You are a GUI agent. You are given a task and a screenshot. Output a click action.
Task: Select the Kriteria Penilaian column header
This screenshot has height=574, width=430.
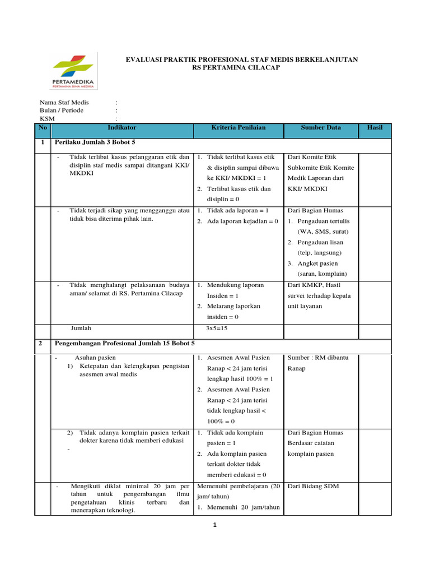tap(239, 128)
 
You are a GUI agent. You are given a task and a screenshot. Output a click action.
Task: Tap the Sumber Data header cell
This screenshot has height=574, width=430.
tap(321, 128)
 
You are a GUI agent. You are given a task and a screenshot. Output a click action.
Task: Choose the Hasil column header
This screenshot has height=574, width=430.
tap(375, 128)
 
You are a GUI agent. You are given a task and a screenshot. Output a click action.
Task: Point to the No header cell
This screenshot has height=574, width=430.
tap(43, 128)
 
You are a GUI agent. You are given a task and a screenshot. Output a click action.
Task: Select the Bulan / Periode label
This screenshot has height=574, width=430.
tap(62, 110)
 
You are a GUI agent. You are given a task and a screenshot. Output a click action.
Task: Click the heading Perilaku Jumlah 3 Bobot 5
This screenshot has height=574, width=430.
tap(95, 143)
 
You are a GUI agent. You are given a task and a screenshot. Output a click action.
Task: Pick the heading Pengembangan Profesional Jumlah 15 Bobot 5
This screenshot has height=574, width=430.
tap(124, 342)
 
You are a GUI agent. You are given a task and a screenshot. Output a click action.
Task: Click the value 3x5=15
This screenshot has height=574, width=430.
tap(217, 328)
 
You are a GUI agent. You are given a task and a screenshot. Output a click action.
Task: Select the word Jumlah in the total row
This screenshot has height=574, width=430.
tap(81, 328)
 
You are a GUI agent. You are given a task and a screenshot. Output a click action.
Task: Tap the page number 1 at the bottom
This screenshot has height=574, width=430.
tap(214, 525)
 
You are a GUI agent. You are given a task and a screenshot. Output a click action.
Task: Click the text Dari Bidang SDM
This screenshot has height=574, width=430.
tap(313, 486)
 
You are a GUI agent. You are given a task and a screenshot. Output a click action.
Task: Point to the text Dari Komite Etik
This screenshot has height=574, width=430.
tap(312, 157)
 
